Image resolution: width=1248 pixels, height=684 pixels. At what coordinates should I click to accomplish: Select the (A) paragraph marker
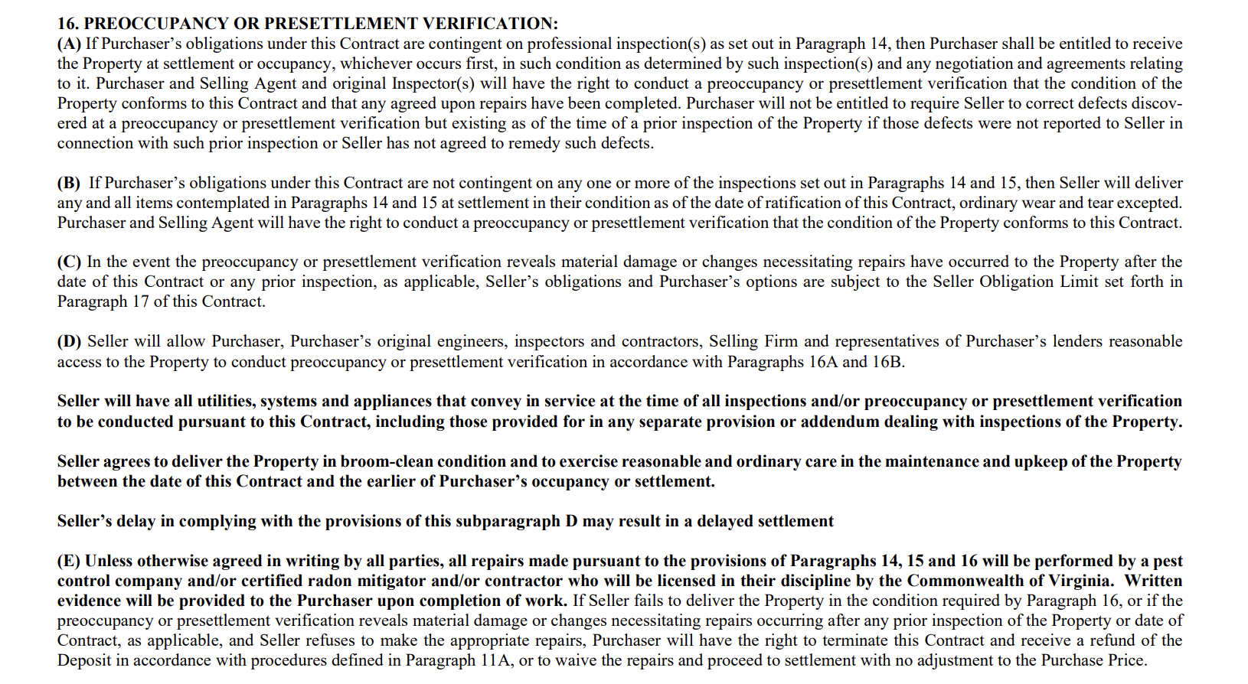69,44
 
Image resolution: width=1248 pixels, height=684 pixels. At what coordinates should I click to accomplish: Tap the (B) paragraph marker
69,183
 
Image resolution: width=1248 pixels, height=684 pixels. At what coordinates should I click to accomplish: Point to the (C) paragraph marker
69,262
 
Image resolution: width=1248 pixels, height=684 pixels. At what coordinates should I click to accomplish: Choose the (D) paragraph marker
69,341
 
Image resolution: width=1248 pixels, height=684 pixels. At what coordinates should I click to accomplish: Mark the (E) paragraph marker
69,561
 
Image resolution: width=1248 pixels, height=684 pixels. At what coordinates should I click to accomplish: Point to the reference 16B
887,361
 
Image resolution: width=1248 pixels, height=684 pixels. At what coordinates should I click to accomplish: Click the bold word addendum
838,422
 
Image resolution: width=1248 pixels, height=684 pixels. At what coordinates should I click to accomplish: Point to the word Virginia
1077,581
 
